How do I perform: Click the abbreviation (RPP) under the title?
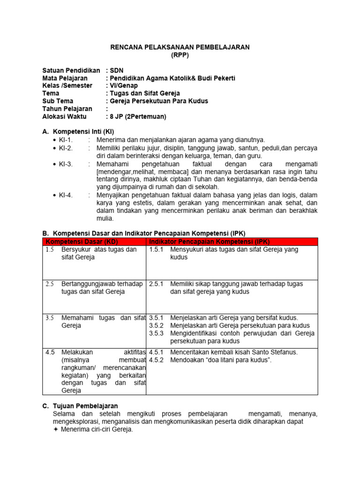[x=180, y=55]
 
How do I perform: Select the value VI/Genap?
[x=124, y=86]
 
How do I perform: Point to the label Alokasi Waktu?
[x=65, y=116]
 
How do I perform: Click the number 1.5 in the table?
[x=50, y=250]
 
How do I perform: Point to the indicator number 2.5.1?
[x=156, y=284]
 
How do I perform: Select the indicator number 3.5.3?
[x=156, y=333]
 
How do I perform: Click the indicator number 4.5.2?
[x=156, y=360]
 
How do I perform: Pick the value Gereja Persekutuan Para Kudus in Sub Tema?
[x=159, y=101]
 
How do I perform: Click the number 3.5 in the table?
[x=50, y=318]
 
